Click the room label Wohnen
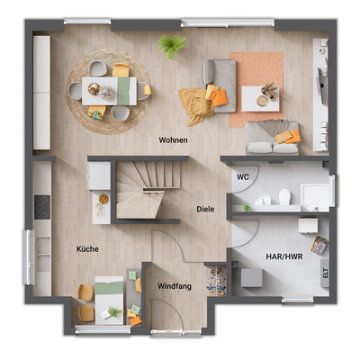(x=174, y=140)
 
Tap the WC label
(x=243, y=176)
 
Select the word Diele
(x=205, y=210)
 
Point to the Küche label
(x=87, y=248)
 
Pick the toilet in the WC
(x=283, y=196)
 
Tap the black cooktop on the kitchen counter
(x=41, y=206)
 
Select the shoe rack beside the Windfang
(x=216, y=281)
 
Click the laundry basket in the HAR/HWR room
(x=319, y=244)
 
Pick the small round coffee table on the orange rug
(x=262, y=100)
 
